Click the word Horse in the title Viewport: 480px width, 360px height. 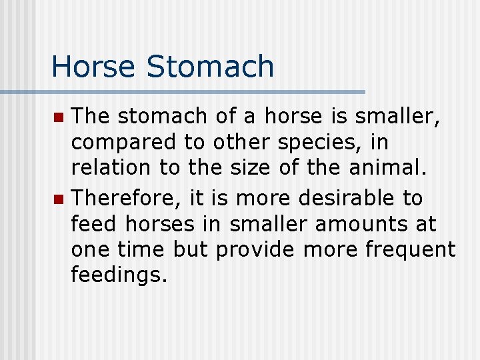pos(93,66)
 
